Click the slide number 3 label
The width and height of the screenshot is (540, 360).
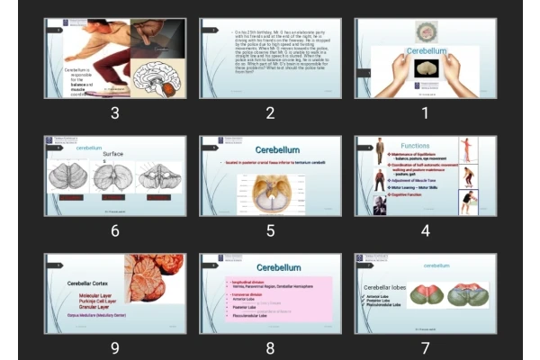[x=114, y=112]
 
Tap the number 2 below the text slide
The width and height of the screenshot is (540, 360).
[x=270, y=112]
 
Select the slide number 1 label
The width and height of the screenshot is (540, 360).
[x=426, y=112]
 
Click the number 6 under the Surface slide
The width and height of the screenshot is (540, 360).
[x=114, y=230]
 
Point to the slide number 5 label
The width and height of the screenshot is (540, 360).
[x=270, y=230]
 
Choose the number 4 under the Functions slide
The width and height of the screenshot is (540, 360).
[x=426, y=230]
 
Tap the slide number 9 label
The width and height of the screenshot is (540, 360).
[x=114, y=347]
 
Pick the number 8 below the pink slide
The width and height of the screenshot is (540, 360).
[x=270, y=347]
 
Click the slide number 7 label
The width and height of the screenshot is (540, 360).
[x=426, y=347]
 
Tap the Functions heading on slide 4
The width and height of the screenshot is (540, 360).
[x=415, y=145]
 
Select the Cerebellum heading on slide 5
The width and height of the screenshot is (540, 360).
[x=278, y=149]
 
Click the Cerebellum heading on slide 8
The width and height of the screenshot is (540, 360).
[x=278, y=267]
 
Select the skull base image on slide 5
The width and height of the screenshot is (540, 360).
[x=269, y=191]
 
